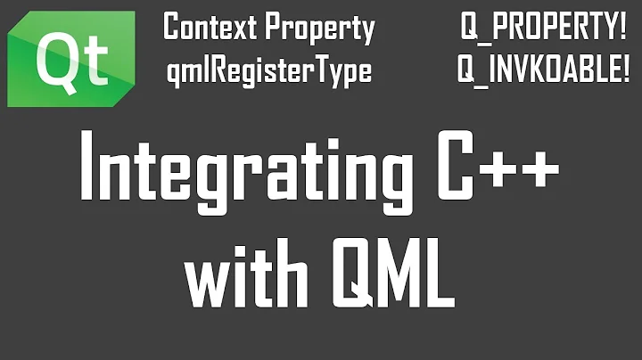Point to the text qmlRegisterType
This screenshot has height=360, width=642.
click(x=268, y=71)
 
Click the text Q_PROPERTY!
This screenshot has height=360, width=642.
click(x=543, y=29)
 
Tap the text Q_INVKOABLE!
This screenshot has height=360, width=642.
click(x=543, y=71)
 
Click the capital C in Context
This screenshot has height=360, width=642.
click(x=171, y=29)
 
